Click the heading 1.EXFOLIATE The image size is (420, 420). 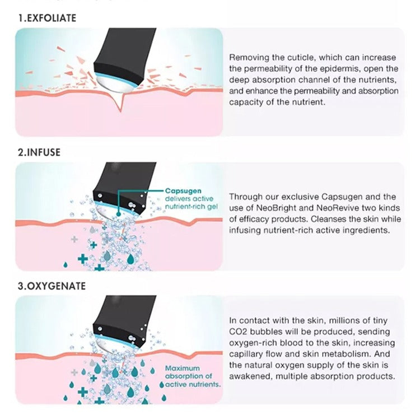click(47, 18)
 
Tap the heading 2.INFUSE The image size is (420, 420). click(39, 152)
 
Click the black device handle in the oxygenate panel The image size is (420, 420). click(123, 316)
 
